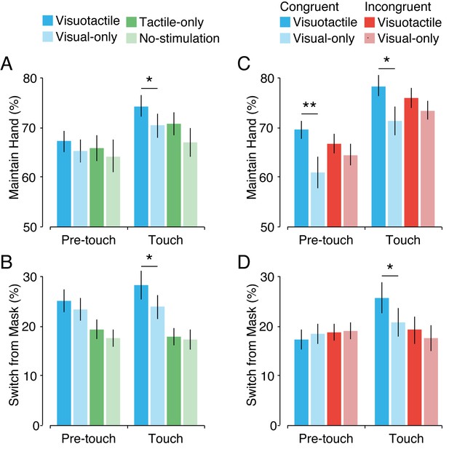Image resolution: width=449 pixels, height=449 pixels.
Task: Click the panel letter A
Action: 7,63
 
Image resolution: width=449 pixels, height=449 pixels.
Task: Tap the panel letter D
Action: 244,262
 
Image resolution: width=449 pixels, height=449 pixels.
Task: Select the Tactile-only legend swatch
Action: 132,22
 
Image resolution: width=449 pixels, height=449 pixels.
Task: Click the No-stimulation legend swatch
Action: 132,39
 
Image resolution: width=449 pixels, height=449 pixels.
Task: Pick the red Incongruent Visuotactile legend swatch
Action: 370,22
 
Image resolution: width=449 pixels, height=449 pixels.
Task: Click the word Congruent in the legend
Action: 309,7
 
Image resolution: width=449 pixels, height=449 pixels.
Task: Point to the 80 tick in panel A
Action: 31,78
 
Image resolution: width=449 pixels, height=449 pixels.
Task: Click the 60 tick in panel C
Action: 268,178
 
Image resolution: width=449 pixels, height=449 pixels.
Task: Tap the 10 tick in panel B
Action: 31,376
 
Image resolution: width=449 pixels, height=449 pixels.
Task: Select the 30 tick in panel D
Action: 268,277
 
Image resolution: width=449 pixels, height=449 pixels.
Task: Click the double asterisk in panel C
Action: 309,105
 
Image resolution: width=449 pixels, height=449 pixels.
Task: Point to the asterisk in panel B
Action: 149,258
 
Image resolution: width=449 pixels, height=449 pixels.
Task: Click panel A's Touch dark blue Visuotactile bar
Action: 141,167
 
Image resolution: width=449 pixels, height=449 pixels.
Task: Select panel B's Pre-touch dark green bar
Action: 97,378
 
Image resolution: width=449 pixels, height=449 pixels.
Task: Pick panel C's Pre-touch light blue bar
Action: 318,199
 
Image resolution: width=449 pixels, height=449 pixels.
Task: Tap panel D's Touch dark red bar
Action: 414,378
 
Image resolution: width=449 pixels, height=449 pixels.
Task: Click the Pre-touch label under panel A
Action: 89,240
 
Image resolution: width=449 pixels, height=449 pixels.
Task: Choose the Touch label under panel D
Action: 406,439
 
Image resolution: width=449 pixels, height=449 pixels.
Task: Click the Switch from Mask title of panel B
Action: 14,346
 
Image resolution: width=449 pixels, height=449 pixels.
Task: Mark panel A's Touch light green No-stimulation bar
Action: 190,184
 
